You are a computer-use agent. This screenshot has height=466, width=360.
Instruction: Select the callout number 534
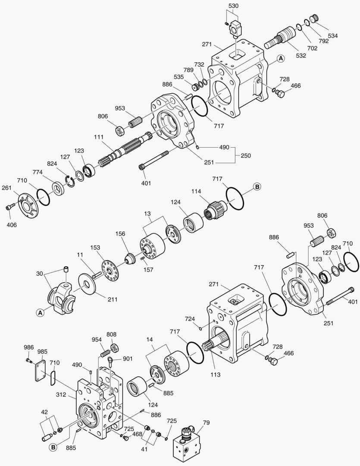click(x=333, y=35)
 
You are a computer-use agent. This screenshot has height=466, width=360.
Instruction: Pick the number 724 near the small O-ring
click(x=190, y=319)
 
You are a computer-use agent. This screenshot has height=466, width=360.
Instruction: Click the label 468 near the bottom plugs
click(x=137, y=434)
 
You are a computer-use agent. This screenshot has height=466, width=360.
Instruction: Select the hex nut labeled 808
click(x=115, y=348)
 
